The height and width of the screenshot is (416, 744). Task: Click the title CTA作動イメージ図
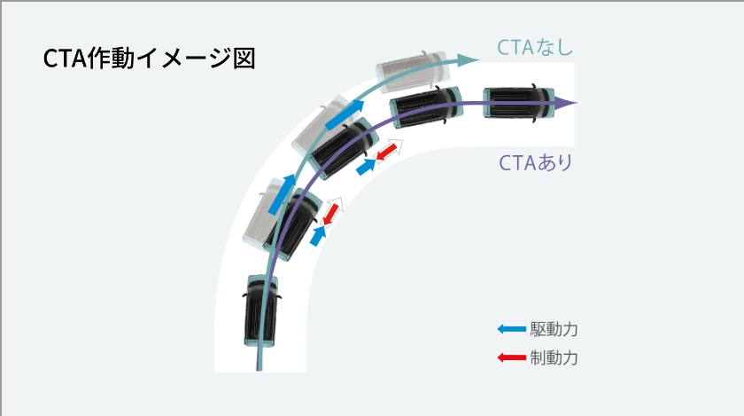[149, 59]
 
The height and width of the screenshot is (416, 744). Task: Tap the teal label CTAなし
[535, 47]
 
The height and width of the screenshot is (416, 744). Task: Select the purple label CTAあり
[536, 162]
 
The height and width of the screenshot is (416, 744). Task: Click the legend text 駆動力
[554, 329]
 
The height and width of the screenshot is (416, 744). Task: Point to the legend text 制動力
[554, 357]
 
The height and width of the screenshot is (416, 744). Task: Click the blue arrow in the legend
[512, 329]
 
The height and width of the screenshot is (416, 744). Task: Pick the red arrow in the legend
[512, 357]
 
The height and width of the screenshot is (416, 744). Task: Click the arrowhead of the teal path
[468, 59]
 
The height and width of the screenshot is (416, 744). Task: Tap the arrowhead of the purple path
[566, 103]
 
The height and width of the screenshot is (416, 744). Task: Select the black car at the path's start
[260, 310]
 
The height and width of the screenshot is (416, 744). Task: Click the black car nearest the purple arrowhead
[519, 102]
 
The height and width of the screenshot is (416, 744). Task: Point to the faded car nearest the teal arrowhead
[413, 71]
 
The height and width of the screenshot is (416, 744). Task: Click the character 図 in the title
[244, 59]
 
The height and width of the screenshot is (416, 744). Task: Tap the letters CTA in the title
[65, 59]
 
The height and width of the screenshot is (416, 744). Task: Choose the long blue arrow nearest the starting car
[282, 194]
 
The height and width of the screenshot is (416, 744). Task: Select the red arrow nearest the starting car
[330, 214]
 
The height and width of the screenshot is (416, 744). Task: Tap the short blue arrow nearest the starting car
[318, 235]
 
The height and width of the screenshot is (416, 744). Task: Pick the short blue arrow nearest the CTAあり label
[366, 167]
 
